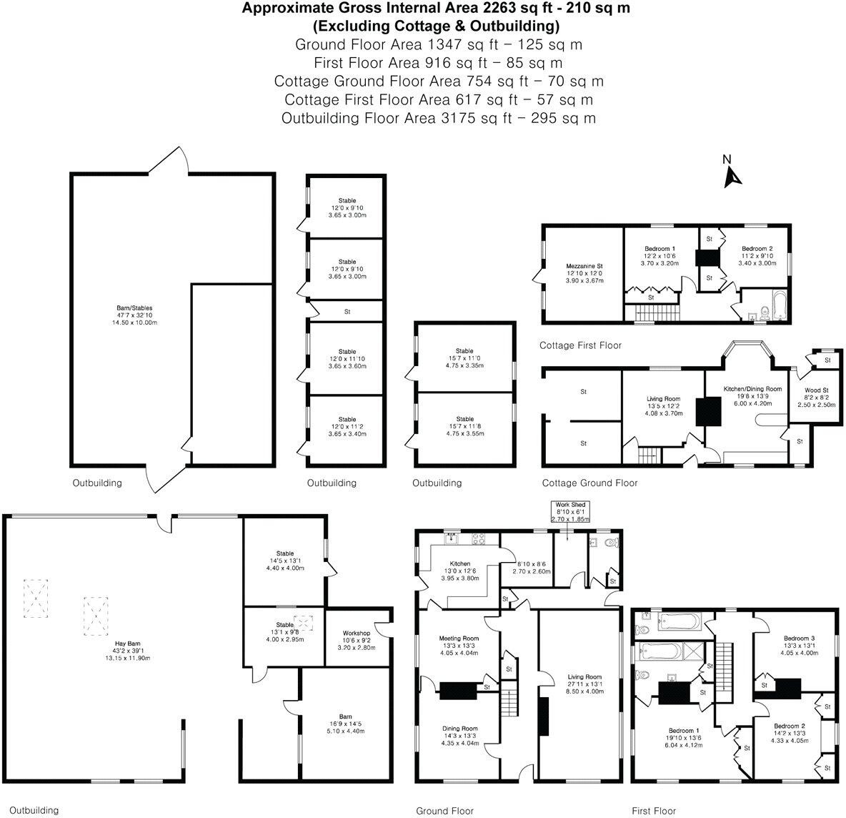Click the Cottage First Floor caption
click(x=580, y=345)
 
